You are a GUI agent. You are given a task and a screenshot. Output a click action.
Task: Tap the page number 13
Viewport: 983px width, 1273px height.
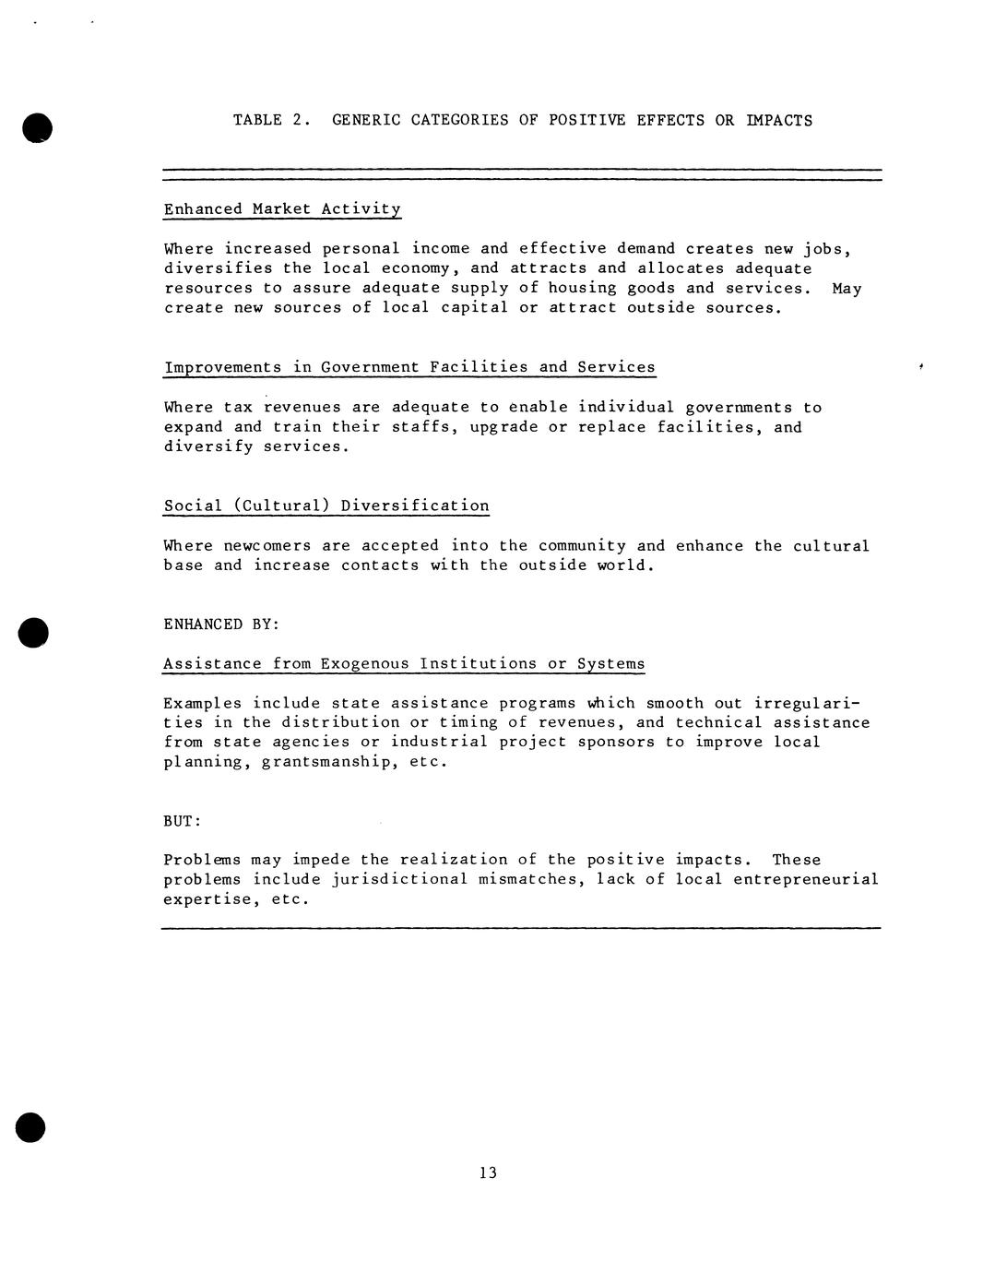click(x=488, y=1172)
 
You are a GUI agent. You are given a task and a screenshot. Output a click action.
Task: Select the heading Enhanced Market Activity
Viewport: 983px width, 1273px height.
click(x=282, y=209)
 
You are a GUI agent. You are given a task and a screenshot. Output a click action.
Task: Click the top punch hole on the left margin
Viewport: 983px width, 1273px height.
click(x=37, y=127)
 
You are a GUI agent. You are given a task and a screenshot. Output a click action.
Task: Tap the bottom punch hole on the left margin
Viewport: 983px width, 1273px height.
click(x=30, y=1127)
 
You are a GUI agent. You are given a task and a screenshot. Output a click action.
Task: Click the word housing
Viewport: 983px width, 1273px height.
click(x=582, y=288)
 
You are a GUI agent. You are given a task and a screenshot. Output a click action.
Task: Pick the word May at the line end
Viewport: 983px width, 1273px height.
click(x=847, y=288)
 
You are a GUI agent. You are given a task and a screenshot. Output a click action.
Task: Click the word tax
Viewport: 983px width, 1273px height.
click(x=238, y=407)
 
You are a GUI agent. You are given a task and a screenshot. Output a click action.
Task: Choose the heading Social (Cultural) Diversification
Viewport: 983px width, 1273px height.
click(x=326, y=506)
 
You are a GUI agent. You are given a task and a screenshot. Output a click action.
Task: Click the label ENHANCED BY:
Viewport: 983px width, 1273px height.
click(x=221, y=625)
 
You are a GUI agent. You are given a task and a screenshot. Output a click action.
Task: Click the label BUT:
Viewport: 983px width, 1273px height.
click(x=183, y=821)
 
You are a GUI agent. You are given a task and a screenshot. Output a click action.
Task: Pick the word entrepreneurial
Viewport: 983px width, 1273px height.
click(x=806, y=879)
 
